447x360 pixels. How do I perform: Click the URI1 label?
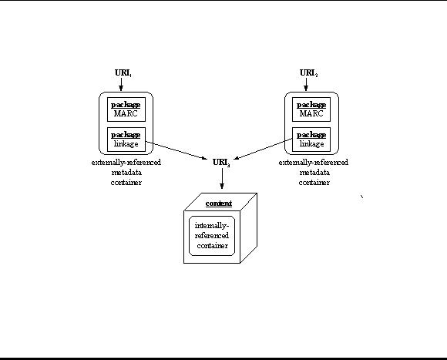coord(123,73)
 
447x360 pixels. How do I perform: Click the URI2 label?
coord(308,73)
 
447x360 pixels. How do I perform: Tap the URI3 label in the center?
coord(221,163)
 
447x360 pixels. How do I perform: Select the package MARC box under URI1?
coord(126,109)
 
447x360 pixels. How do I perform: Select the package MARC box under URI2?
coord(311,109)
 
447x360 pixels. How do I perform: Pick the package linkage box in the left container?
coord(126,140)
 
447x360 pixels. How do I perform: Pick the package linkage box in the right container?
coord(311,140)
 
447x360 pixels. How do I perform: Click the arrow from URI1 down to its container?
coord(121,84)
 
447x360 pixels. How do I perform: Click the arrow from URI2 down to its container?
coord(306,84)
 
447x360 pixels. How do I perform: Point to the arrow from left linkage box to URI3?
coord(176,150)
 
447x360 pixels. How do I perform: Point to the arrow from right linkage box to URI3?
coord(263,149)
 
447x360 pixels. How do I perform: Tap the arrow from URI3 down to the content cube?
coord(222,178)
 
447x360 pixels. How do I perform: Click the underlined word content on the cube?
coord(219,204)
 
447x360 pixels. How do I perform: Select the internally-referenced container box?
coord(212,236)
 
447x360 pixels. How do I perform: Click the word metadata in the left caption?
coord(126,173)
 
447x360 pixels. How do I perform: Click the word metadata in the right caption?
coord(314,173)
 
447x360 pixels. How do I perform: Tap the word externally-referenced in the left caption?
coord(126,163)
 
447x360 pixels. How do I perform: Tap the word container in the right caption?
coord(314,183)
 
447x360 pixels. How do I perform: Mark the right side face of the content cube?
coord(249,228)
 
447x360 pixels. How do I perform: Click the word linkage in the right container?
coord(311,144)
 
